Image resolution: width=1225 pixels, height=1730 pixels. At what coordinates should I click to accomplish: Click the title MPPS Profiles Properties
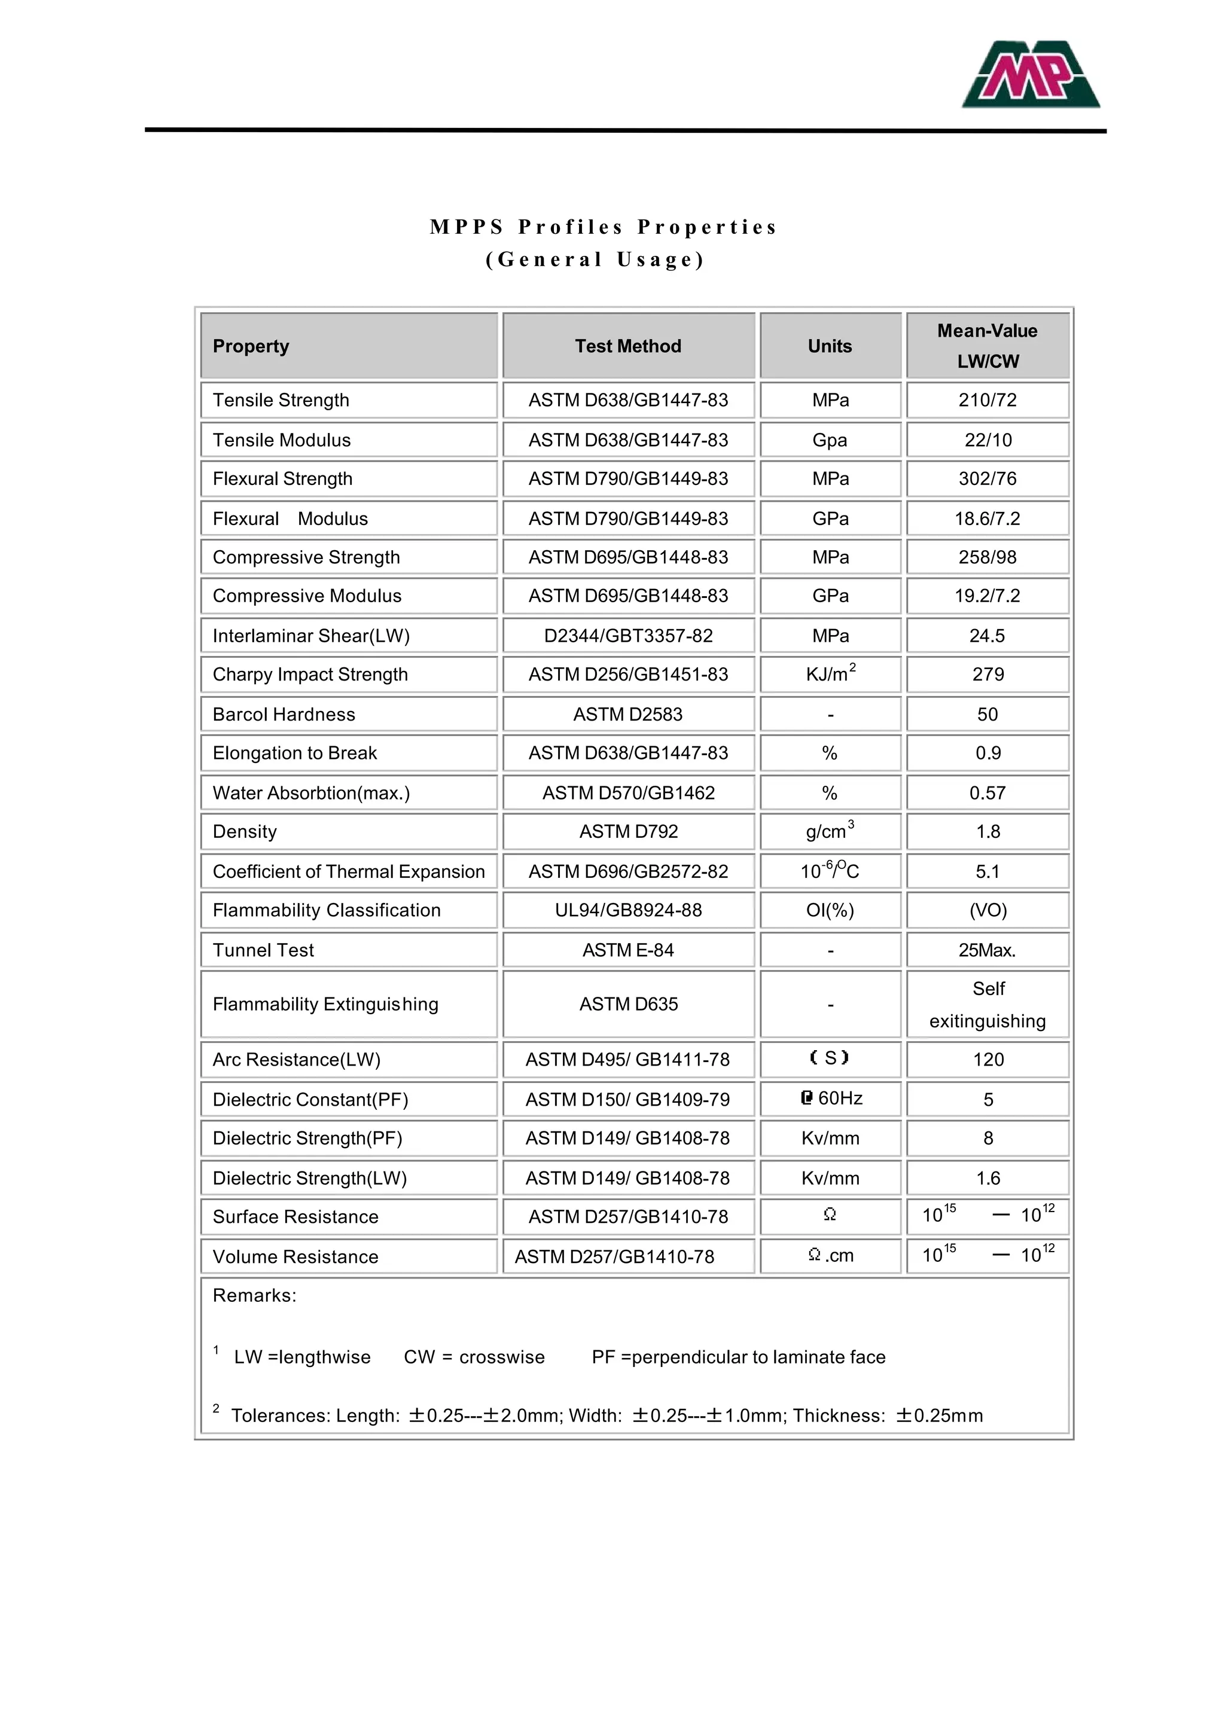(603, 227)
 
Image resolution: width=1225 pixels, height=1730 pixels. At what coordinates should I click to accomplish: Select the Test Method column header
(627, 346)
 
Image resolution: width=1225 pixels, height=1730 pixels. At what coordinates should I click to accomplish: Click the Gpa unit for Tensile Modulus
(830, 440)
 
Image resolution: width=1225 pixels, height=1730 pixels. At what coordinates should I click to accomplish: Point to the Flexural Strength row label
(282, 479)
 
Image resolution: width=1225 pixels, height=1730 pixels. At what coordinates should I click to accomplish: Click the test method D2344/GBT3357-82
(627, 636)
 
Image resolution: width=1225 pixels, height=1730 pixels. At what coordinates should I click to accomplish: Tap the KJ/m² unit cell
(830, 674)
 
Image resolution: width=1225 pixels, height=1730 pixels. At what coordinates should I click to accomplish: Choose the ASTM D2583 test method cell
(627, 714)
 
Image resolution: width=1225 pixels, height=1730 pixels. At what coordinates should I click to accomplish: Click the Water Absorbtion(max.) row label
(311, 792)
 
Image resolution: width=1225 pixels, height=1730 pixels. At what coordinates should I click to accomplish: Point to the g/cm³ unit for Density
(830, 831)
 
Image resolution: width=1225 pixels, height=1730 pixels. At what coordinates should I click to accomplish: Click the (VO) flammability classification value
(988, 910)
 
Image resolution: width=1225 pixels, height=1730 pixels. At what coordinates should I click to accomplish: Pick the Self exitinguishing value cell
(988, 1005)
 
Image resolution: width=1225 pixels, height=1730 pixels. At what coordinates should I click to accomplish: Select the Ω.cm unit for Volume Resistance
(830, 1256)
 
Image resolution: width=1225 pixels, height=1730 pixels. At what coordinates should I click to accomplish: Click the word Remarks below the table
(254, 1296)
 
